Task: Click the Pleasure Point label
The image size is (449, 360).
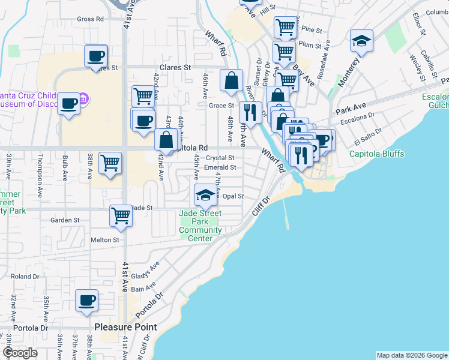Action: [126, 328]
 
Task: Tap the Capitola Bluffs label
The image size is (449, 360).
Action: [377, 154]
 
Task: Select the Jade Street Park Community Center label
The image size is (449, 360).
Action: [200, 226]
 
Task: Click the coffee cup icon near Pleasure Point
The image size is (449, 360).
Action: [86, 300]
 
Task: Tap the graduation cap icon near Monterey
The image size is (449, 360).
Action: [361, 40]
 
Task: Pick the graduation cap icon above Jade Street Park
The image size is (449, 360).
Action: [205, 194]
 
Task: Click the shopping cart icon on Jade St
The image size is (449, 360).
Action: [121, 215]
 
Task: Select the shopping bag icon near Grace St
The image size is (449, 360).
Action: [231, 80]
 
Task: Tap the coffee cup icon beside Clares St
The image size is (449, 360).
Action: [95, 56]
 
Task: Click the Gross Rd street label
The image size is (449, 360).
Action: [90, 19]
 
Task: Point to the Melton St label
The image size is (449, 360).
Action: [105, 240]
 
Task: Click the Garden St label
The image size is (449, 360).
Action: [65, 220]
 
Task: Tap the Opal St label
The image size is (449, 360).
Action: [233, 196]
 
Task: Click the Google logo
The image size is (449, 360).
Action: [20, 353]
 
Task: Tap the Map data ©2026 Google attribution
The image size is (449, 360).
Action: [411, 355]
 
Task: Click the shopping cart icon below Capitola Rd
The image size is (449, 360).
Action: [110, 163]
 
